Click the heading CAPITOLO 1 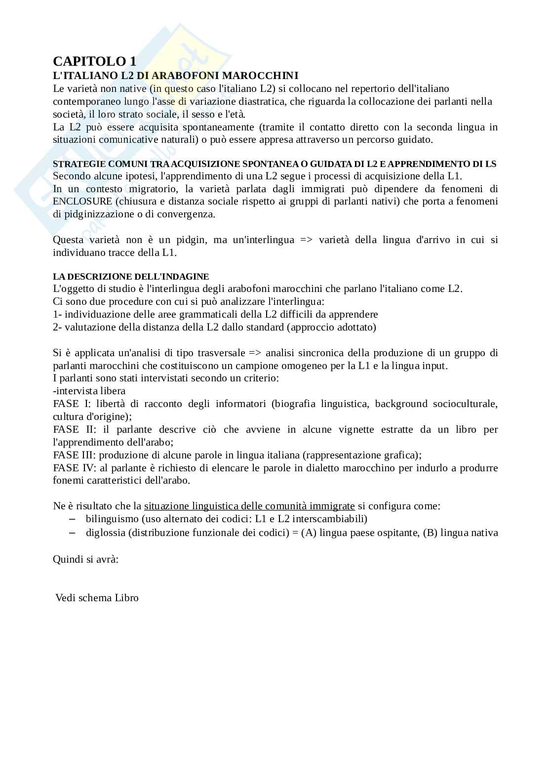[94, 61]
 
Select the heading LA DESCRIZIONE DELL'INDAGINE [131, 277]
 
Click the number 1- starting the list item [57, 314]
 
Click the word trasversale [221, 353]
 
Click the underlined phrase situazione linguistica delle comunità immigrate [249, 506]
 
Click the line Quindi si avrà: [85, 559]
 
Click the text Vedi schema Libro [97, 598]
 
